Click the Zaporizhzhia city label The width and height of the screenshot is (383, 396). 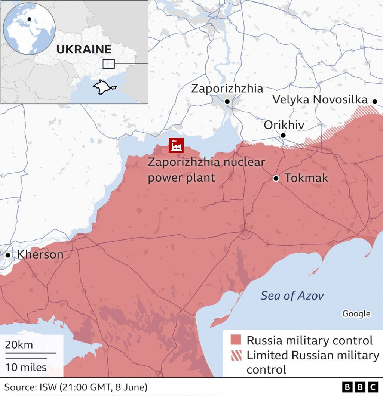(x=227, y=89)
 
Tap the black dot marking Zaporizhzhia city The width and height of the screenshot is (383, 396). (x=227, y=102)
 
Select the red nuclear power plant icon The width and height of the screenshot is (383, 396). (x=176, y=145)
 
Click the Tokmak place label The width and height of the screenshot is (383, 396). (x=306, y=178)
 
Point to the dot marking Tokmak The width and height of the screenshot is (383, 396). (x=276, y=179)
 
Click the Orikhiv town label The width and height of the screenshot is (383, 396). (x=284, y=125)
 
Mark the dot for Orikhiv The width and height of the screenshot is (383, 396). (x=283, y=135)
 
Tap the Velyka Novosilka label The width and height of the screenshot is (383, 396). (x=320, y=100)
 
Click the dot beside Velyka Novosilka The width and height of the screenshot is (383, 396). (x=374, y=101)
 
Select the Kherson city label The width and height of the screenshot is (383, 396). (x=40, y=255)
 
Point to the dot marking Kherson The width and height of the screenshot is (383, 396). (x=8, y=255)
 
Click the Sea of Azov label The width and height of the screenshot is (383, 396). (x=292, y=296)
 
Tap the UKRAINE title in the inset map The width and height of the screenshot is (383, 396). (x=84, y=49)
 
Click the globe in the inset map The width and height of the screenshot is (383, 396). (x=29, y=28)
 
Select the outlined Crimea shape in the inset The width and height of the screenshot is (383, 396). (x=104, y=87)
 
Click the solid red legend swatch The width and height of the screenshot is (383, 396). (x=236, y=340)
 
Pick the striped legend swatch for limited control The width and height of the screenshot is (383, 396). (x=236, y=355)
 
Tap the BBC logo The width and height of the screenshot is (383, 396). (x=360, y=387)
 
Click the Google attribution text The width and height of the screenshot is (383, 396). (x=356, y=314)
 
